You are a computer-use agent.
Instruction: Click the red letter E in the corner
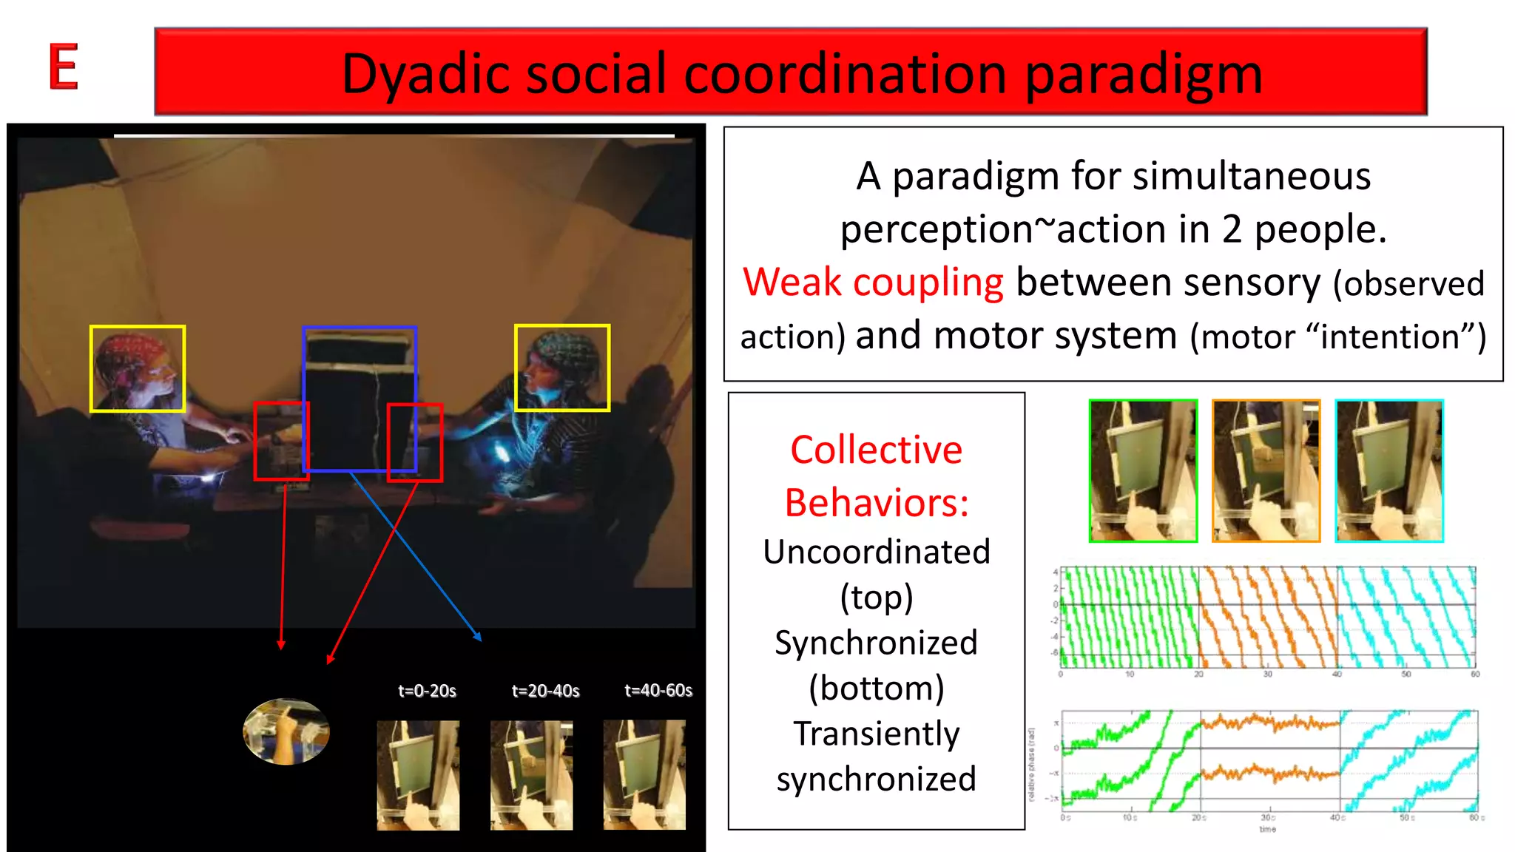[64, 67]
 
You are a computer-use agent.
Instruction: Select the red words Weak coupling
[873, 283]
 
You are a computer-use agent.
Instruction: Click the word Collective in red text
[876, 450]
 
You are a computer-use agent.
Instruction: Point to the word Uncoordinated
[876, 552]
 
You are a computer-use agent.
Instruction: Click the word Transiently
[876, 734]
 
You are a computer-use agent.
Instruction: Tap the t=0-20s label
[427, 691]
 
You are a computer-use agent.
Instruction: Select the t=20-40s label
[545, 691]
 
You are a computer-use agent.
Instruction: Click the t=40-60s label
[658, 691]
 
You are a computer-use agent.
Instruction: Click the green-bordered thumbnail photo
[1143, 471]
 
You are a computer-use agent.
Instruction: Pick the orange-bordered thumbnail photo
[1266, 471]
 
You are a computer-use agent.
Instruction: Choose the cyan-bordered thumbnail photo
[1389, 471]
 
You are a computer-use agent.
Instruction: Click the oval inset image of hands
[286, 731]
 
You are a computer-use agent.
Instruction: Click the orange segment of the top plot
[1266, 618]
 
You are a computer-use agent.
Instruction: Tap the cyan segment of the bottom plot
[1406, 762]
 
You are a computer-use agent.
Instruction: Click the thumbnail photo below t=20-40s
[531, 775]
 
